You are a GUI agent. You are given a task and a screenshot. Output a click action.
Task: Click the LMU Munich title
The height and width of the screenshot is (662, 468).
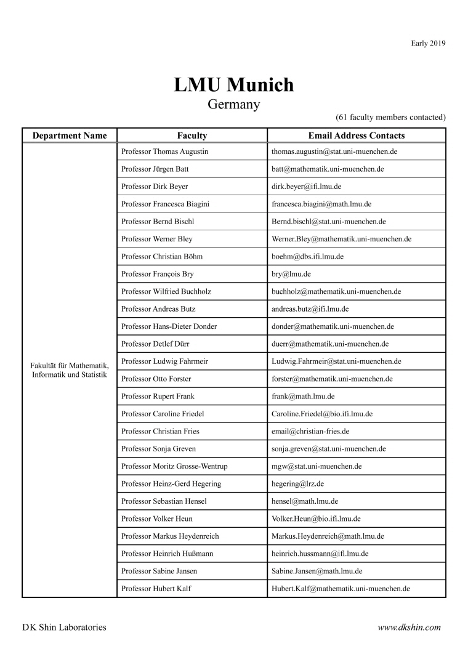(x=234, y=85)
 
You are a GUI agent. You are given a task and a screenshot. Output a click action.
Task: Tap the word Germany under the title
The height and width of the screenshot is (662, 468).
(x=234, y=105)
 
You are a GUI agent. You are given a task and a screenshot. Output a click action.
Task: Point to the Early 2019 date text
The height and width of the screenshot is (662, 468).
(x=428, y=43)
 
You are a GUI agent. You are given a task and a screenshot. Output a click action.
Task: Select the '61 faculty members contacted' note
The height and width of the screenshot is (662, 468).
(x=390, y=117)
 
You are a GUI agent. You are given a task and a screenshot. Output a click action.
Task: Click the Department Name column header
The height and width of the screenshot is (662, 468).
(x=70, y=135)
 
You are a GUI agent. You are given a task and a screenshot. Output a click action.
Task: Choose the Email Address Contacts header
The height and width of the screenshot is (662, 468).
(x=356, y=135)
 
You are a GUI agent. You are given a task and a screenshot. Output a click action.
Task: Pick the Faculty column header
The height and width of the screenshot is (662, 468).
(x=192, y=135)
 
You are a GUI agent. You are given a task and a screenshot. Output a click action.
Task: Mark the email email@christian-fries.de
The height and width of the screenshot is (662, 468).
(x=310, y=431)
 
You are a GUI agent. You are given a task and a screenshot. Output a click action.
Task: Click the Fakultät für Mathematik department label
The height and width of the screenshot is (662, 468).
(x=70, y=370)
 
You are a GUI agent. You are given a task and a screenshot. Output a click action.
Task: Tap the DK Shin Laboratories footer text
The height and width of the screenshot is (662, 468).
(x=64, y=628)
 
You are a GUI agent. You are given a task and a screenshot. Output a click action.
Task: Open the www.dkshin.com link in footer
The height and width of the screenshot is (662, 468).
(x=409, y=628)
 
